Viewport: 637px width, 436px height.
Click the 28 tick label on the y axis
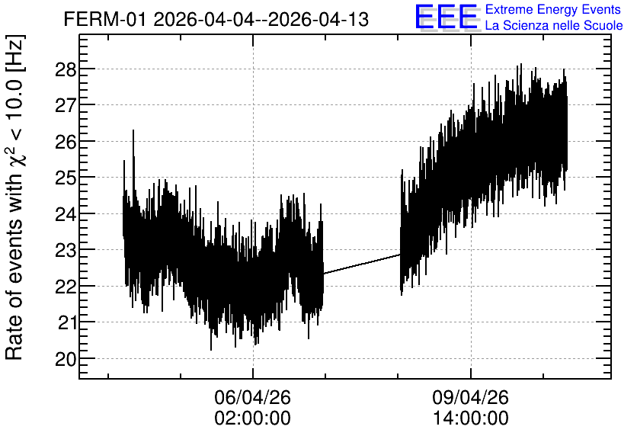66,70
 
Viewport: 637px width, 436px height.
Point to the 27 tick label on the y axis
66,106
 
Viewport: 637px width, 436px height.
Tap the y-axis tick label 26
66,143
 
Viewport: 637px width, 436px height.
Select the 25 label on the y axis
66,178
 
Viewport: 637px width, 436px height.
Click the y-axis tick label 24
66,214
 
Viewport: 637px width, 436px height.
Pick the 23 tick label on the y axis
66,251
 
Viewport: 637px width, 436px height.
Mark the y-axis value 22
66,287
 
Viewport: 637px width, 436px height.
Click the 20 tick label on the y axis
66,360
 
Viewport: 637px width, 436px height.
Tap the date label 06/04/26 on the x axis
253,397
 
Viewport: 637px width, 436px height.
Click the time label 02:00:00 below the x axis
253,418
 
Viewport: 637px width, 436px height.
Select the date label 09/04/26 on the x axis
470,397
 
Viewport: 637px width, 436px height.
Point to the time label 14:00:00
470,418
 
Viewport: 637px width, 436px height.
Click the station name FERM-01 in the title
104,20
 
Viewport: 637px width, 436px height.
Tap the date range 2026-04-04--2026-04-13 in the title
261,20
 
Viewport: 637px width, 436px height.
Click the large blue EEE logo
447,17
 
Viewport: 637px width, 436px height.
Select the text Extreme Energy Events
553,9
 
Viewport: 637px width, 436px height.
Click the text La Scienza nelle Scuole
554,26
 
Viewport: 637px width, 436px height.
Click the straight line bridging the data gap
362,264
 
